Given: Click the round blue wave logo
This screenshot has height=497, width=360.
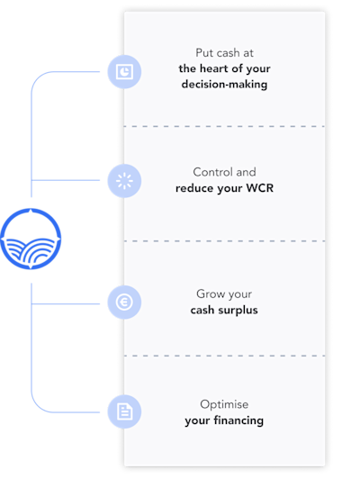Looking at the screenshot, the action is pos(31,239).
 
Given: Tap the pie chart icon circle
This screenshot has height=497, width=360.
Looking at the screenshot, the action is pos(124,72).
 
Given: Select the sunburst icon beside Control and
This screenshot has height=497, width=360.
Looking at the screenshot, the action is pos(124,181).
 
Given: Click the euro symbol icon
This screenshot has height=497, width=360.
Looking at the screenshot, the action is pos(124,302).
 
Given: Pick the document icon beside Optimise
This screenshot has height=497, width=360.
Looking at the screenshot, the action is pos(124,411).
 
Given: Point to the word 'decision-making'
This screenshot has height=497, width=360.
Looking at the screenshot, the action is pos(224,85).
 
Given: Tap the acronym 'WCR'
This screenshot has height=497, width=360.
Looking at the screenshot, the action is pos(260,188).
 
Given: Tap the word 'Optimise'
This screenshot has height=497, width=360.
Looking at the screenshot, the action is pos(224,404).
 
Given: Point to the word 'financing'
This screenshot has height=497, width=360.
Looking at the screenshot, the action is pos(238,420).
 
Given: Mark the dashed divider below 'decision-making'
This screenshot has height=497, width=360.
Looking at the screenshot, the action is pos(224,126).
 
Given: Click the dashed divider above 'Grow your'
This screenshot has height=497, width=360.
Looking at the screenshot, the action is pos(224,241).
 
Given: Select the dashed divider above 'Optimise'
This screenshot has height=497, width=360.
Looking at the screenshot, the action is pos(224,356).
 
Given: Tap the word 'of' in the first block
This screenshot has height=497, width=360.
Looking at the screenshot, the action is pos(237,68).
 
